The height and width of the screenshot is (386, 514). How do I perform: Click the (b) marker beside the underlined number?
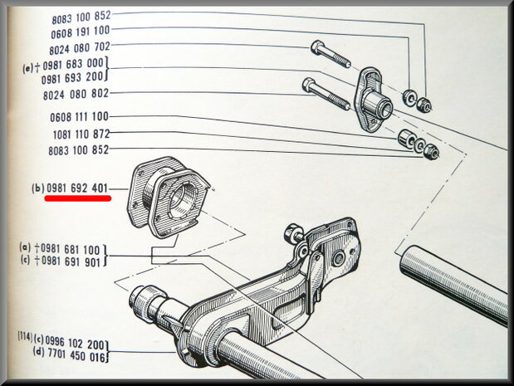(37, 188)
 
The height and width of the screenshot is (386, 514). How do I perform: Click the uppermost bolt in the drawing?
(330, 53)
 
